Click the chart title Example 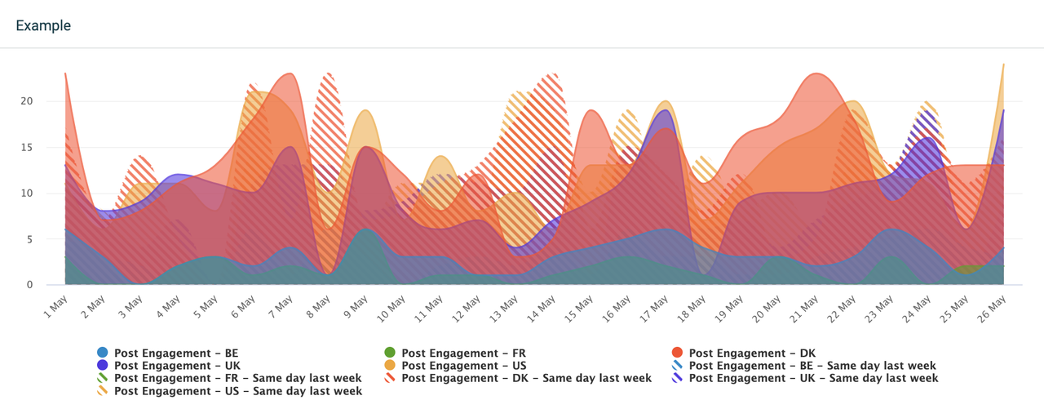pyautogui.click(x=43, y=26)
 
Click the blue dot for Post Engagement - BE pyautogui.click(x=103, y=354)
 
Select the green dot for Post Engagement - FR pyautogui.click(x=390, y=354)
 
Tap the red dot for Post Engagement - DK pyautogui.click(x=677, y=354)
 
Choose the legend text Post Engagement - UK pyautogui.click(x=177, y=366)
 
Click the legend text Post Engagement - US pyautogui.click(x=464, y=366)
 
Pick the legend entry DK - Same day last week pyautogui.click(x=526, y=379)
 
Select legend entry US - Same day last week pyautogui.click(x=238, y=391)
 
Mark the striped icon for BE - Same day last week pyautogui.click(x=677, y=366)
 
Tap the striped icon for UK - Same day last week pyautogui.click(x=677, y=379)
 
